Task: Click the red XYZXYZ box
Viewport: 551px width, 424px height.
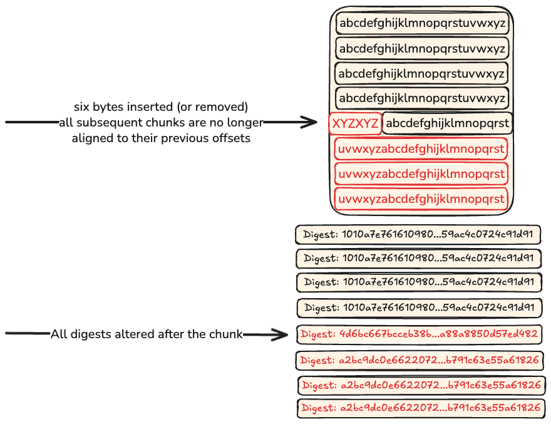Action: (x=355, y=123)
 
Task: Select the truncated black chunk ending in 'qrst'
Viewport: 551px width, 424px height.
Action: (x=447, y=123)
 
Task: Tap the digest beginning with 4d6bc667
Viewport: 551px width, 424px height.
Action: (x=419, y=334)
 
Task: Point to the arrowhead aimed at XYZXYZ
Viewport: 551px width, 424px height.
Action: (x=310, y=123)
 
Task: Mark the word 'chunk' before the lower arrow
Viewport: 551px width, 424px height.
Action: (x=225, y=334)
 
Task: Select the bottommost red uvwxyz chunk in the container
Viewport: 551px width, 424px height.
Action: (x=421, y=199)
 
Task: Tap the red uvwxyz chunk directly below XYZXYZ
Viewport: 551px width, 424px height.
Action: (x=421, y=149)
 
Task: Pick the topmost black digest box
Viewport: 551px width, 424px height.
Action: (x=418, y=235)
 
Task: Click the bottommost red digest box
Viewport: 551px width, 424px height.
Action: (x=420, y=408)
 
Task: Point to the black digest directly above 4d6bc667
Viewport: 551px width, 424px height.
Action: (x=418, y=308)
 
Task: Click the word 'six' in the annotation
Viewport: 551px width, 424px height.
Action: (x=82, y=106)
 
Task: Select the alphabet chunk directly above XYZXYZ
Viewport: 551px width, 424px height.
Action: (x=422, y=98)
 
